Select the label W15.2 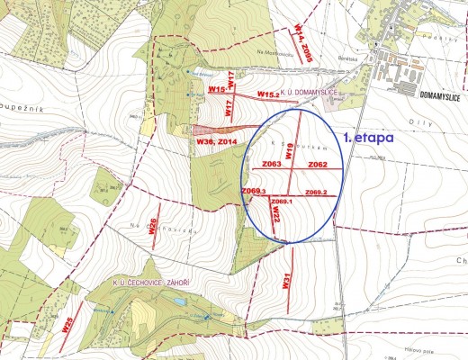point(269,94)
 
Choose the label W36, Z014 point(215,142)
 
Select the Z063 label point(272,166)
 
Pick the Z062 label point(318,166)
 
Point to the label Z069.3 point(255,192)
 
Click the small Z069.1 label point(282,202)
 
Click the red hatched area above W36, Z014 point(211,130)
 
